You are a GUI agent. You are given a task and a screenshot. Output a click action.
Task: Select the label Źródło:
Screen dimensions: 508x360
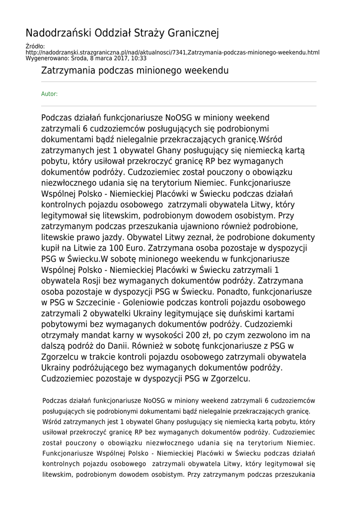tap(35, 46)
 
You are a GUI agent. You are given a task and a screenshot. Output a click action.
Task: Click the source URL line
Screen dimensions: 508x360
tap(172, 52)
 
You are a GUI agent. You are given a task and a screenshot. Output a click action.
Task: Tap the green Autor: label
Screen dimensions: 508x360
tap(49, 94)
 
